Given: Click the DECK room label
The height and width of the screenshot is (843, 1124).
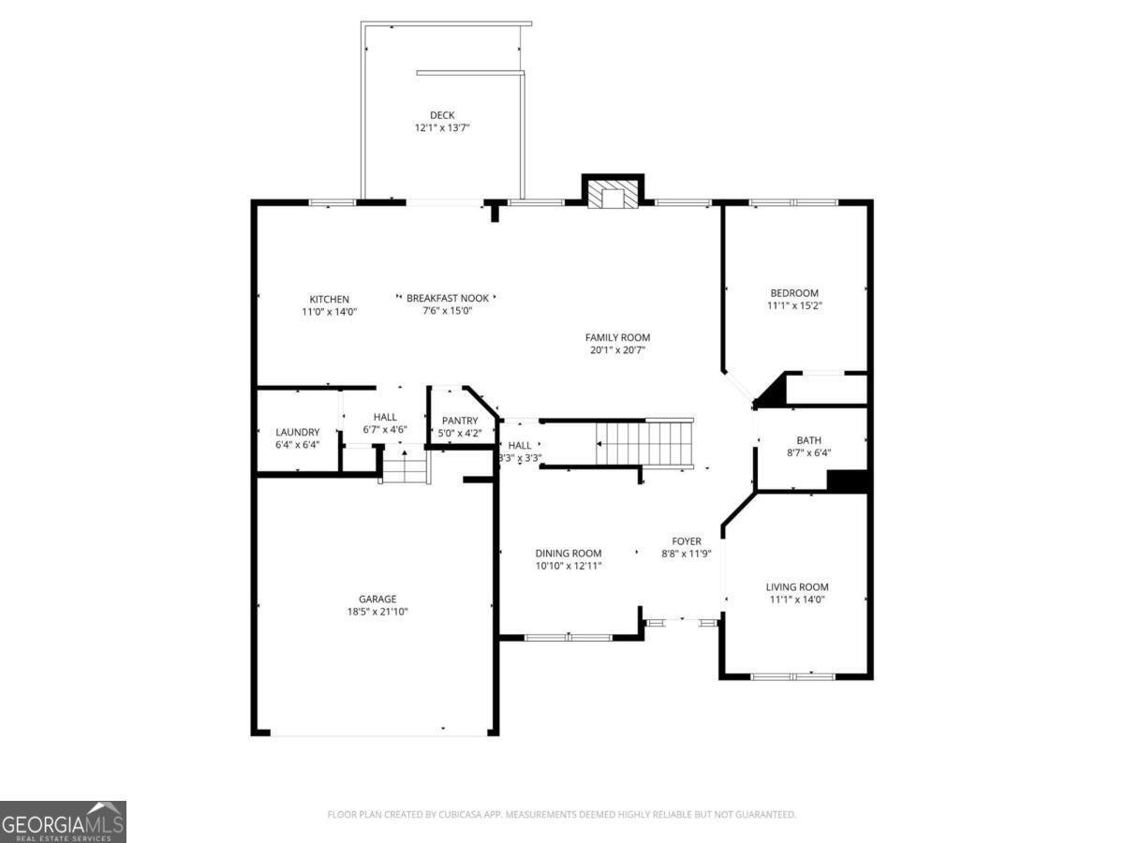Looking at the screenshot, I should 442,115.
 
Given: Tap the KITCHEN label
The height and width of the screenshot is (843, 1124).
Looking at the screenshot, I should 329,300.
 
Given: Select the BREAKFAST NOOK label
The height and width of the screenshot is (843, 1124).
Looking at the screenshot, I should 445,299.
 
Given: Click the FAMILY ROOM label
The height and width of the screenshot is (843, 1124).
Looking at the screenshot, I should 617,338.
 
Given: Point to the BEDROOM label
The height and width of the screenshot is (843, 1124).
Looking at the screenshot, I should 794,293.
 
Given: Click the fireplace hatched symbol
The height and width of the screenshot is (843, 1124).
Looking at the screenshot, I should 613,195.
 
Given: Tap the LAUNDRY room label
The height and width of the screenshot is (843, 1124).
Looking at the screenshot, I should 298,433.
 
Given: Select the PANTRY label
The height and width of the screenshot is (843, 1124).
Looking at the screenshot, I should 460,421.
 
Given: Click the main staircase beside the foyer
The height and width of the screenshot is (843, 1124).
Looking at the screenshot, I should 644,443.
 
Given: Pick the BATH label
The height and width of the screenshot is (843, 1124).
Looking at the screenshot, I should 808,440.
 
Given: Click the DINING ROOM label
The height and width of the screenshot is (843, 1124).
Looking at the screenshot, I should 569,554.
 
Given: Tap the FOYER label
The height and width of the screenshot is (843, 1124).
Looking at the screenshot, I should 687,541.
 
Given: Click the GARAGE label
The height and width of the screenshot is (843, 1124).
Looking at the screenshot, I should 377,599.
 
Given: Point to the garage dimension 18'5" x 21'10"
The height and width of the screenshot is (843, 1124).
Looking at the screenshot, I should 377,612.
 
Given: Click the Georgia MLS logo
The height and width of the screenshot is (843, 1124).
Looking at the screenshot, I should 63,821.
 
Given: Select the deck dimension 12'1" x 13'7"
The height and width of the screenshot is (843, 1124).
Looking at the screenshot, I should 442,127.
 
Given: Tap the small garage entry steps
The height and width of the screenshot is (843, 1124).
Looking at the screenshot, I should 406,466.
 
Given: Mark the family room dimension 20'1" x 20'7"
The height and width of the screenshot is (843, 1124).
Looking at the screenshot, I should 617,350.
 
